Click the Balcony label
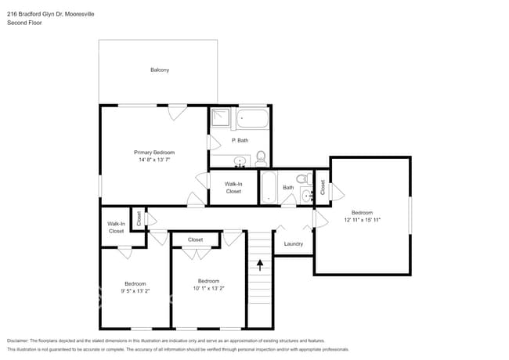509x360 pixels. pos(160,70)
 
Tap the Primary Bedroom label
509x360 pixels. pos(154,152)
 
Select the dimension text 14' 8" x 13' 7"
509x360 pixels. pos(154,160)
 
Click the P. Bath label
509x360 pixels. pos(240,140)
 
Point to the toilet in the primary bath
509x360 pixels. pos(261,159)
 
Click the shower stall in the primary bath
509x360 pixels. pos(222,118)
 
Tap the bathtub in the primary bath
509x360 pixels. pos(252,119)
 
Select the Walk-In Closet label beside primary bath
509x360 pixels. pos(233,188)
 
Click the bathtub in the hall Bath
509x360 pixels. pos(267,188)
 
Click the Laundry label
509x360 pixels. pos(294,244)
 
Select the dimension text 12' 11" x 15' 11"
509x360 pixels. pos(362,221)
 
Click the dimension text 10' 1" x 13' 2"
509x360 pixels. pos(208,288)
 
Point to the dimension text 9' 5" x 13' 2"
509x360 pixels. pos(135,291)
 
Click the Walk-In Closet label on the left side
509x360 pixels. pos(116,228)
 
